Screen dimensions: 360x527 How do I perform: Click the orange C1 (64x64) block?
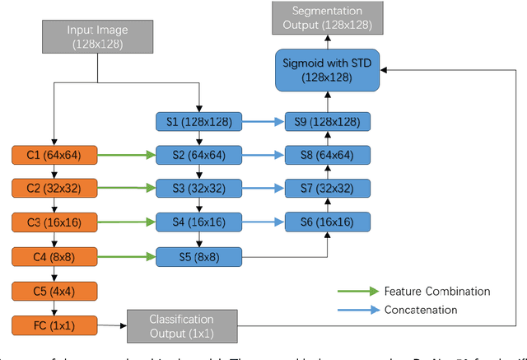pyautogui.click(x=54, y=154)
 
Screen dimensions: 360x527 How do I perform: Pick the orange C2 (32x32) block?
pyautogui.click(x=54, y=189)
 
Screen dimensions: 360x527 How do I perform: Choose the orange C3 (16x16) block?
pyautogui.click(x=54, y=222)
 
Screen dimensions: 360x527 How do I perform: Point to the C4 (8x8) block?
pyautogui.click(x=54, y=257)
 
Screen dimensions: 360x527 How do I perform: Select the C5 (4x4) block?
pyautogui.click(x=54, y=291)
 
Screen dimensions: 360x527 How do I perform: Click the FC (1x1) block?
pyautogui.click(x=54, y=325)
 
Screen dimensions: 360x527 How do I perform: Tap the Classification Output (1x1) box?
pyautogui.click(x=181, y=325)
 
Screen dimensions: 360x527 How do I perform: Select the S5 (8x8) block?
pyautogui.click(x=199, y=257)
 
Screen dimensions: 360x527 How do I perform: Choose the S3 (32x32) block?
pyautogui.click(x=199, y=189)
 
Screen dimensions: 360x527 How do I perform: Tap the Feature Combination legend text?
pyautogui.click(x=436, y=292)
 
